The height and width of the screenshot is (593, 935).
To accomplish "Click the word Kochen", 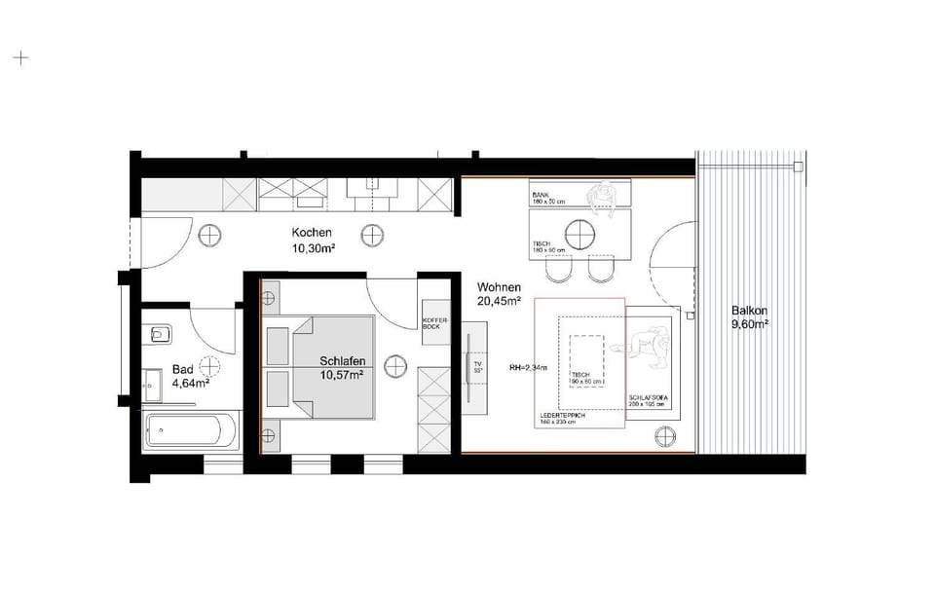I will [x=312, y=233].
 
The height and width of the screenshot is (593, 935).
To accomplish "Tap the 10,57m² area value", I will [x=342, y=375].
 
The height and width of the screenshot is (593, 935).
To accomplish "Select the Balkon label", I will [x=750, y=313].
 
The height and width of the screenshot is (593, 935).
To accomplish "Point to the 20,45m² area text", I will [x=499, y=303].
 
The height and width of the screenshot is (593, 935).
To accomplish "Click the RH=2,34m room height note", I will [x=528, y=368].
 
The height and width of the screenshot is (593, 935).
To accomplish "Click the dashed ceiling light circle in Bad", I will [x=206, y=367].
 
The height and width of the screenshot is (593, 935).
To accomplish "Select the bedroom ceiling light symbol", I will [x=395, y=367].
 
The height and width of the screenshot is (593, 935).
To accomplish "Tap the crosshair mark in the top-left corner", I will [x=19, y=57].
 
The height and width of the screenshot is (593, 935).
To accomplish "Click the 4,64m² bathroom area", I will [x=191, y=383].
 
